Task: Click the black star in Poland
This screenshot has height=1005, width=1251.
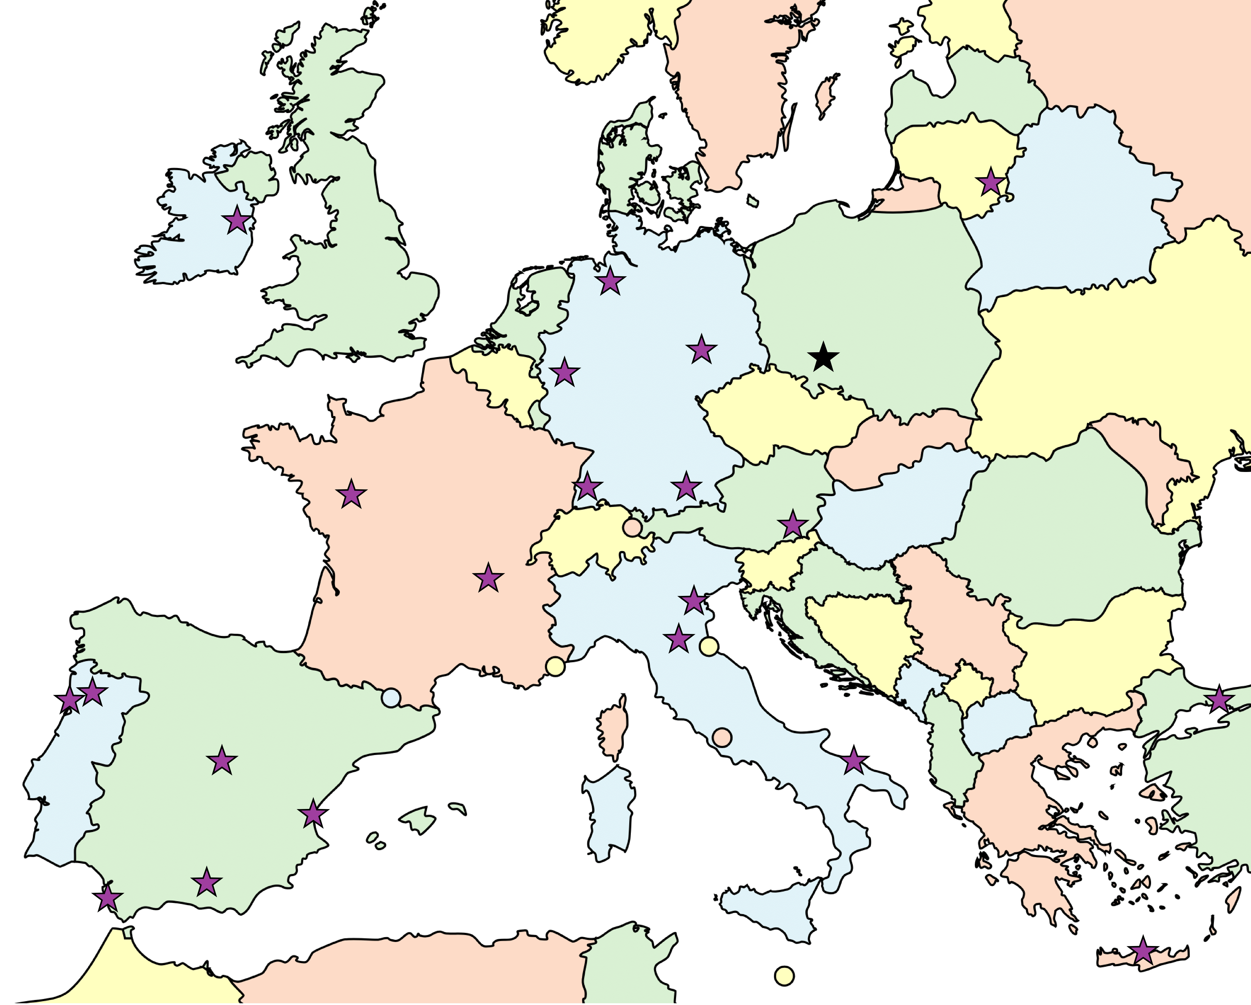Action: [x=823, y=357]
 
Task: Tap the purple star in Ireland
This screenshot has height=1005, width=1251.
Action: [x=237, y=220]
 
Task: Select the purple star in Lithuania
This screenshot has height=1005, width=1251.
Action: [x=991, y=182]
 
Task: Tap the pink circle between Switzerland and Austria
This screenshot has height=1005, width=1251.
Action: [x=632, y=527]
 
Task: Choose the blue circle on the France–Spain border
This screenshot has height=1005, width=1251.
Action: [x=391, y=697]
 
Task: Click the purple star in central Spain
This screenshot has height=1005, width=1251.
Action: [x=222, y=761]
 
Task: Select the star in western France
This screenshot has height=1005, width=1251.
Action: [x=351, y=494]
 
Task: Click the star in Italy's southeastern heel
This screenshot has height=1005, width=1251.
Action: [x=854, y=761]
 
